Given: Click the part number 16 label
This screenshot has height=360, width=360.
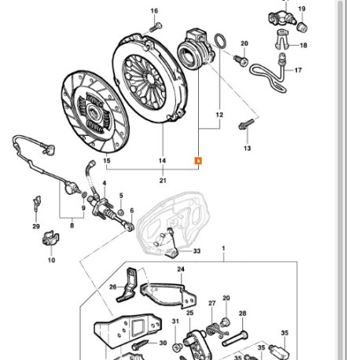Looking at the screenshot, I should click(154, 11).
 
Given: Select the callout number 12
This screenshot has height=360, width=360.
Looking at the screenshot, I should click(219, 115).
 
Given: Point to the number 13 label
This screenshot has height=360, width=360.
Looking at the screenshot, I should click(246, 148).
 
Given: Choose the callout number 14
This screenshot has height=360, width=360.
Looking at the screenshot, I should click(163, 161).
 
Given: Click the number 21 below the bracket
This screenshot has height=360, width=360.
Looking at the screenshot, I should click(163, 182).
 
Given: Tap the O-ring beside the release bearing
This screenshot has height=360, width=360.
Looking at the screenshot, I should click(222, 40).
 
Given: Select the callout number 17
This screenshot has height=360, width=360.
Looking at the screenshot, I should click(298, 72).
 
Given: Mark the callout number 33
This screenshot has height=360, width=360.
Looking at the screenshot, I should click(197, 252).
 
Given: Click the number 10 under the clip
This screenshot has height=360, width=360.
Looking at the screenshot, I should click(51, 259).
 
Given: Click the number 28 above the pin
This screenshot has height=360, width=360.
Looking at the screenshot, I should click(242, 313).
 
